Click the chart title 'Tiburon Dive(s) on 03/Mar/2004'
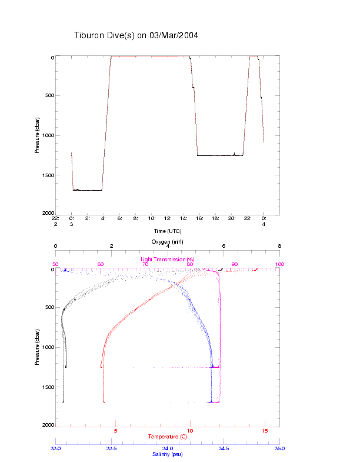point(136,35)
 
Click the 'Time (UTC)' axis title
point(167,231)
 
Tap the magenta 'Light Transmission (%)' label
point(167,259)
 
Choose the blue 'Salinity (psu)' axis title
point(168,454)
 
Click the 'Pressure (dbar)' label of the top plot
point(37,135)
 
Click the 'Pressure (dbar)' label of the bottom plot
point(37,347)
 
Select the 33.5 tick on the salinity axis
point(111,448)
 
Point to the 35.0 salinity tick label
point(279,448)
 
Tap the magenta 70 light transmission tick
point(145,264)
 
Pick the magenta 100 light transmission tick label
point(279,264)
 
